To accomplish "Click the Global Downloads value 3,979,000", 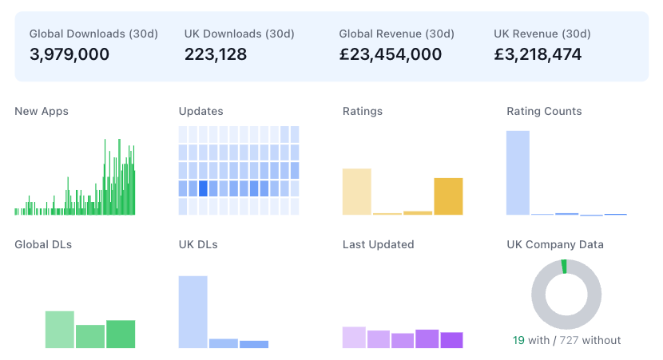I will tap(69, 54).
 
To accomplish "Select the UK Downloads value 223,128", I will tap(216, 54).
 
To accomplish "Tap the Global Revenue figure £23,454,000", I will tap(391, 54).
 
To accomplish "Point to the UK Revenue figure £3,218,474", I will tap(538, 54).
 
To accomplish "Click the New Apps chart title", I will tap(42, 112).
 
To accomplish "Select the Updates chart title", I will tap(201, 112).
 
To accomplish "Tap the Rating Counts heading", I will tap(544, 112).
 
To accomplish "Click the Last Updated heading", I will tap(378, 244).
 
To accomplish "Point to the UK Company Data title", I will tap(555, 244).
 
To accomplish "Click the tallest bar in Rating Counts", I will tap(518, 172).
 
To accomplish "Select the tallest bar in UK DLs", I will tap(193, 311).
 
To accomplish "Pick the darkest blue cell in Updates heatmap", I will tap(203, 188).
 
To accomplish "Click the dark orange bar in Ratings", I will tap(448, 196).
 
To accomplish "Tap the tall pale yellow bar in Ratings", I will tap(357, 192).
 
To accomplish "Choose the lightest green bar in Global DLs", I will tap(60, 329).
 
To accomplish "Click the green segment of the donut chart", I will tap(564, 267).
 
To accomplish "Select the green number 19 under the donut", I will tap(518, 340).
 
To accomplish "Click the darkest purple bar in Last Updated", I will tap(452, 340).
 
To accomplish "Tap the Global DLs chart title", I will tap(43, 244).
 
